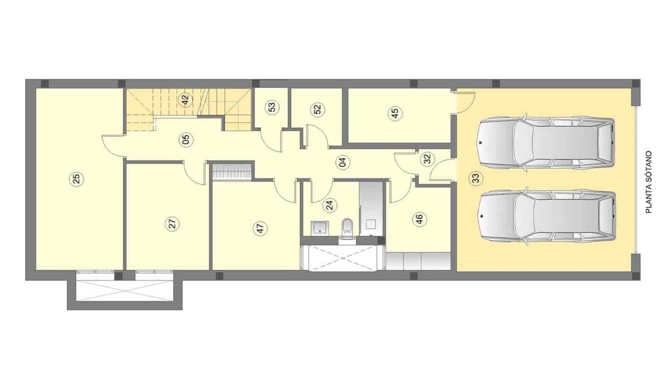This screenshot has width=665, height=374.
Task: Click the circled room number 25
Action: [x=76, y=179]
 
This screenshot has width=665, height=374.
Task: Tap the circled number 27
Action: [x=173, y=224]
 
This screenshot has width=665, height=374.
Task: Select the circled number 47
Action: [x=261, y=229]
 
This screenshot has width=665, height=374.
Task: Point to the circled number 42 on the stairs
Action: [x=185, y=100]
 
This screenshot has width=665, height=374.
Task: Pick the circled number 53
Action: [x=272, y=107]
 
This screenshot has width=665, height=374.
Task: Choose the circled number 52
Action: [x=317, y=109]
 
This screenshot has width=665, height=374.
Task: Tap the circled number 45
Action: [x=395, y=113]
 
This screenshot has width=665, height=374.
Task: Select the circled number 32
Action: [x=428, y=159]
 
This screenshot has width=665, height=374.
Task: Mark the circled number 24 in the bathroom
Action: [x=330, y=204]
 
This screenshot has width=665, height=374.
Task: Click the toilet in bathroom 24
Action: [x=347, y=226]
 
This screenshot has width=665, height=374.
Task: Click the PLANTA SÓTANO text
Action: [x=648, y=182]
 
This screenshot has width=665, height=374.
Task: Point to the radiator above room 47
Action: [x=232, y=172]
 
